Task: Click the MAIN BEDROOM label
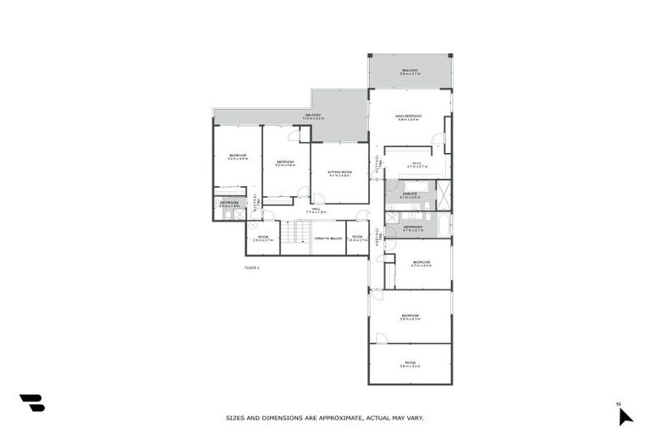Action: [409, 117]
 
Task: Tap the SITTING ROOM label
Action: [339, 173]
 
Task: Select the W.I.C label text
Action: [417, 165]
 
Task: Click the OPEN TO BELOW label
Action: [328, 238]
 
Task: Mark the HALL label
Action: [316, 210]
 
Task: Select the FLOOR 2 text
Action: [252, 268]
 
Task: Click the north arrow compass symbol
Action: [625, 414]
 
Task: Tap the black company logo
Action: [32, 403]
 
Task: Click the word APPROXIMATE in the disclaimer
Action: [333, 418]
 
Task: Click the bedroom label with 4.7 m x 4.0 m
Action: [421, 264]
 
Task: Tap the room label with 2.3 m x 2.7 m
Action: [262, 238]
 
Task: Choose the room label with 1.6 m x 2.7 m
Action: [357, 238]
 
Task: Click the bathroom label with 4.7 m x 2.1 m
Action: [412, 227]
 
